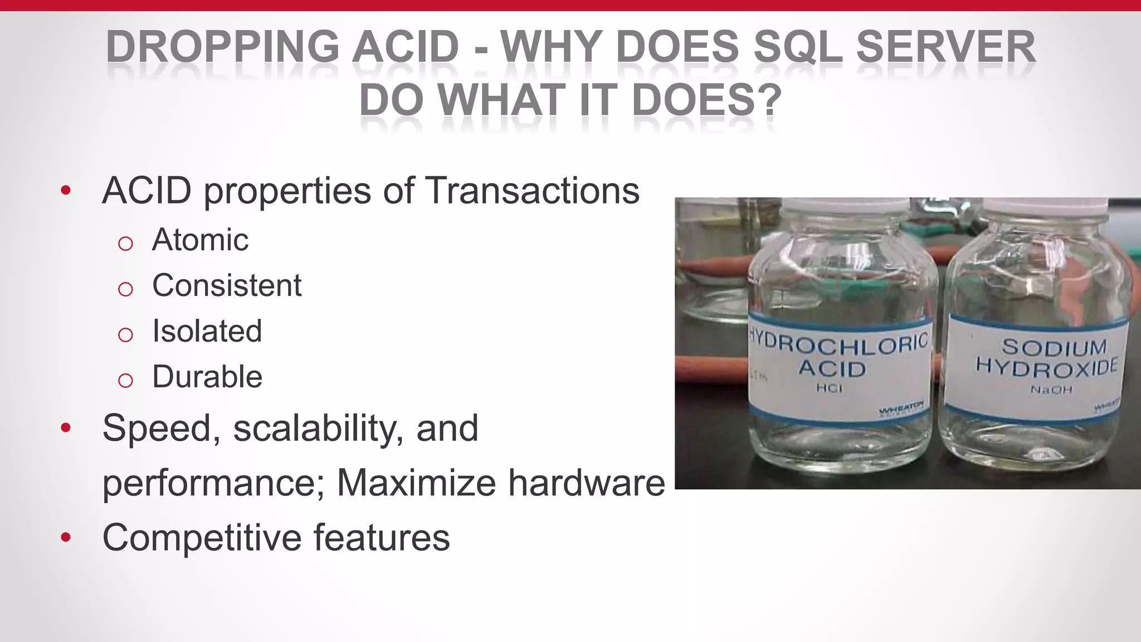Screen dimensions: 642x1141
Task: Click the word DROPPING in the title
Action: click(x=222, y=47)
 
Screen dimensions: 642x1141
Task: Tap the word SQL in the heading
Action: click(x=798, y=47)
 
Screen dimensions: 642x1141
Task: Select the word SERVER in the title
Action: click(x=945, y=47)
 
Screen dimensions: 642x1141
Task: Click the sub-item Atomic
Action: click(x=200, y=240)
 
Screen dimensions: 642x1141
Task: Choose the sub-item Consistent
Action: click(x=227, y=286)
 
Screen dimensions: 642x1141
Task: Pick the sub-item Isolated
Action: click(x=207, y=331)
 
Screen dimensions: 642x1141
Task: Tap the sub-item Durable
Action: click(x=207, y=377)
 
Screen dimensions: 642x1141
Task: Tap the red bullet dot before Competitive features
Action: click(x=66, y=538)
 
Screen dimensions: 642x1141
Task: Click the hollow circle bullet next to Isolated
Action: click(x=125, y=334)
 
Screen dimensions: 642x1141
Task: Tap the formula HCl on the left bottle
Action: click(x=830, y=388)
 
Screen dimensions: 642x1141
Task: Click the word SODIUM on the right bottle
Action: click(x=1054, y=347)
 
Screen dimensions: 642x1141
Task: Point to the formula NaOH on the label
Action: click(x=1051, y=390)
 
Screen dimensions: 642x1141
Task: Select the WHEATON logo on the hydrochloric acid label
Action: click(x=901, y=410)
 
